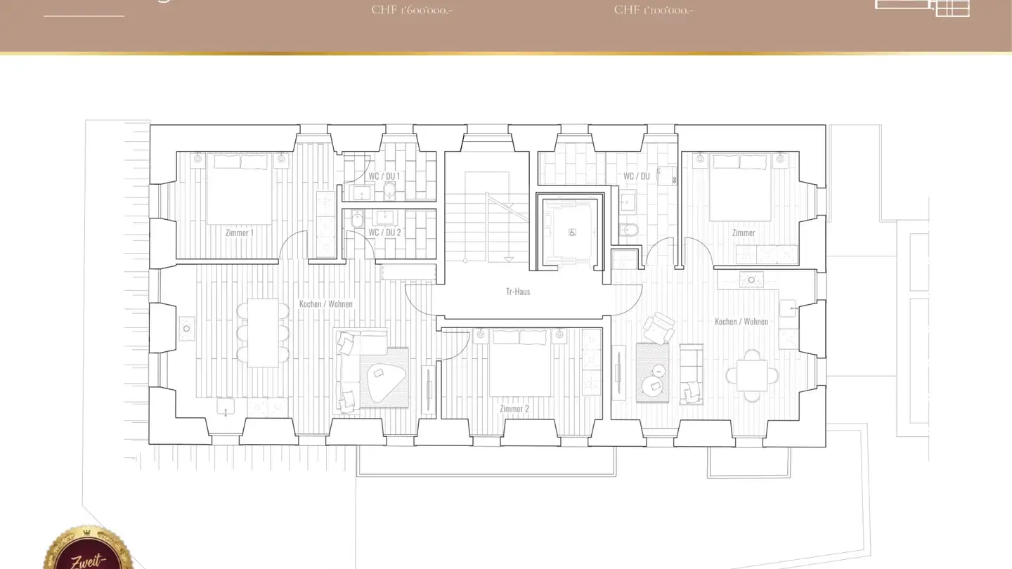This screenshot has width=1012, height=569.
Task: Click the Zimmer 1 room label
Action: coord(239,233)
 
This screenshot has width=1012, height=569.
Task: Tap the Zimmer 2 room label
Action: coord(514,409)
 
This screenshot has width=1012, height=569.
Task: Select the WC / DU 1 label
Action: coord(384,176)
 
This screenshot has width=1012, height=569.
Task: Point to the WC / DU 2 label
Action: coord(384,233)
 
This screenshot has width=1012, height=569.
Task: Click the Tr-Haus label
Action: coord(518,291)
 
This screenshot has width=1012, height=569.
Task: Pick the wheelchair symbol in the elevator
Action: coord(572,233)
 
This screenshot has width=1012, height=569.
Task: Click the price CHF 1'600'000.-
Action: coord(412,10)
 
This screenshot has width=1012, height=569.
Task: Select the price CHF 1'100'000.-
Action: coord(654,10)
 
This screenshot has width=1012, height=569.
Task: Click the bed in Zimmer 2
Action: coord(520,363)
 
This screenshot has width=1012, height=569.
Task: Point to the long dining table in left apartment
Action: coord(263,333)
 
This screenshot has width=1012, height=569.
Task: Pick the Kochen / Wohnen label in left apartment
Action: coord(325,304)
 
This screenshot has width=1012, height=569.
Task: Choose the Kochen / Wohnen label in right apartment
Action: coord(741,322)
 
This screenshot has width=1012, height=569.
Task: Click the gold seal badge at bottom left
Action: coord(88,551)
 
